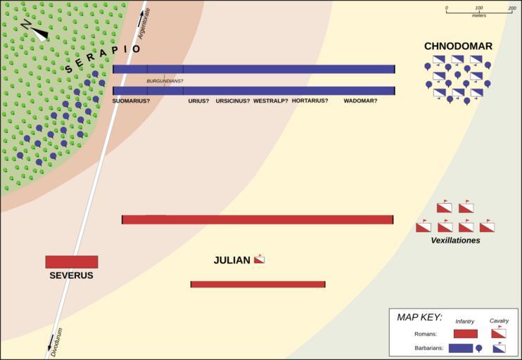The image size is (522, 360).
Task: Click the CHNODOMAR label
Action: coord(458,46)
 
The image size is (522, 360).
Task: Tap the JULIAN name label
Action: coord(231,261)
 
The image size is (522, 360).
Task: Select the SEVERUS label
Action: coord(71,276)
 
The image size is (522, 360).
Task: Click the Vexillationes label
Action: coord(455,240)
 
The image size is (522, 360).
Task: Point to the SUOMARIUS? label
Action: coord(131,101)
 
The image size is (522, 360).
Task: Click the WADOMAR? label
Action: coord(360,101)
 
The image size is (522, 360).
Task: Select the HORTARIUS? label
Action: coord(310,101)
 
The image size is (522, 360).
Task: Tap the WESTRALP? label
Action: coord(271,101)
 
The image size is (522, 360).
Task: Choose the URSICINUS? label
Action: coord(233,101)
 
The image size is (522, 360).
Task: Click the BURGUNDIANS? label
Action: coord(165,81)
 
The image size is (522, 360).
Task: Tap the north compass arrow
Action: coord(35,31)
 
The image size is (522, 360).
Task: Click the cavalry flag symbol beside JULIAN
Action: coord(259,259)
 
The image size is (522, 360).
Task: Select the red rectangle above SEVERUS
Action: coord(72,262)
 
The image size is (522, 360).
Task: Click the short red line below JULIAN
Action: coord(257,284)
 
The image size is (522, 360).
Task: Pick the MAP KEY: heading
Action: coord(419,317)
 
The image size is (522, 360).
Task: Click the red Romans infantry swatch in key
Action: coord(465,334)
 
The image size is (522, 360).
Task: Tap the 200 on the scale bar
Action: coord(511,8)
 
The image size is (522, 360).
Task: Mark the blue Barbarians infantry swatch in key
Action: coord(460,347)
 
